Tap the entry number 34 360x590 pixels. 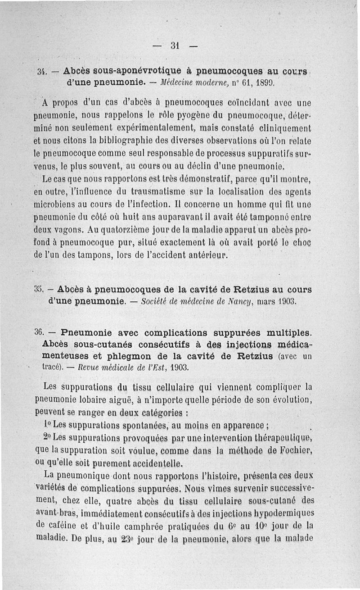pyautogui.click(x=42, y=72)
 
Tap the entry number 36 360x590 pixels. pyautogui.click(x=39, y=333)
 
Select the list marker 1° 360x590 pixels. pyautogui.click(x=48, y=425)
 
